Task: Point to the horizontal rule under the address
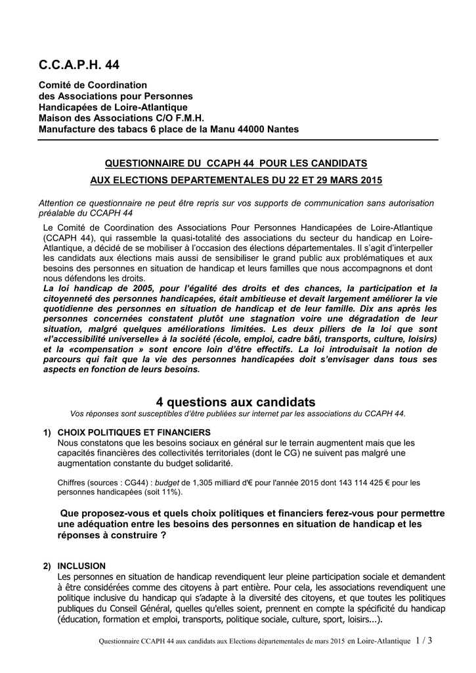tap(238, 140)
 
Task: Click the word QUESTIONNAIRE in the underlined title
tap(138, 162)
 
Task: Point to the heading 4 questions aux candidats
tap(236, 402)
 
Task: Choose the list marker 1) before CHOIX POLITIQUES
tap(47, 432)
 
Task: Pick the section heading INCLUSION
tap(81, 566)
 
